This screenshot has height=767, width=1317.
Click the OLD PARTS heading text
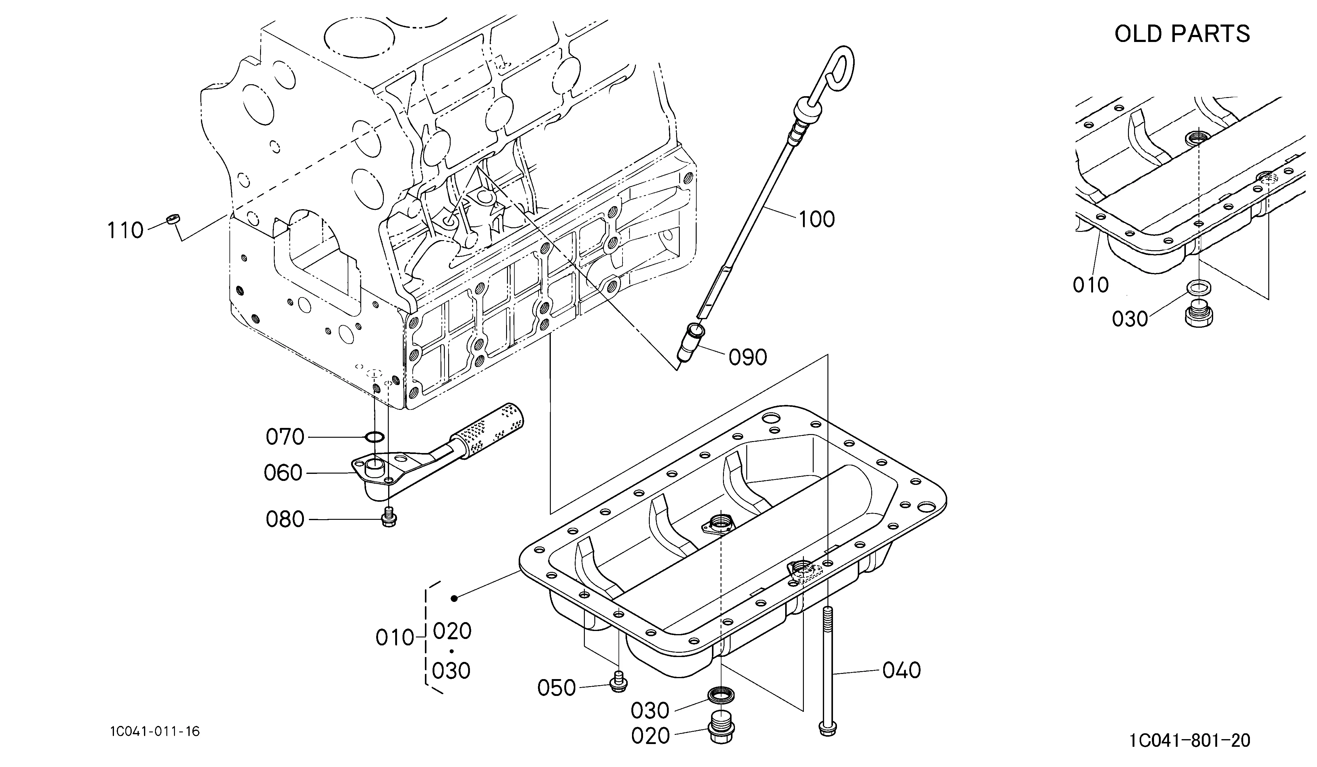coord(1182,34)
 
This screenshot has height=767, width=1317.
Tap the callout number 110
coord(125,230)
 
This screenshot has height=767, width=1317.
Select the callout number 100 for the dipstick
coord(817,219)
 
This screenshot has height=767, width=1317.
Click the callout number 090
coord(748,357)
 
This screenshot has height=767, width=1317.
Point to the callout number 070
coord(285,437)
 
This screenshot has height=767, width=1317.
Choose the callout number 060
coord(283,473)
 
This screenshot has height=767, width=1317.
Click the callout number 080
coord(285,519)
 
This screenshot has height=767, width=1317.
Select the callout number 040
coord(902,670)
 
